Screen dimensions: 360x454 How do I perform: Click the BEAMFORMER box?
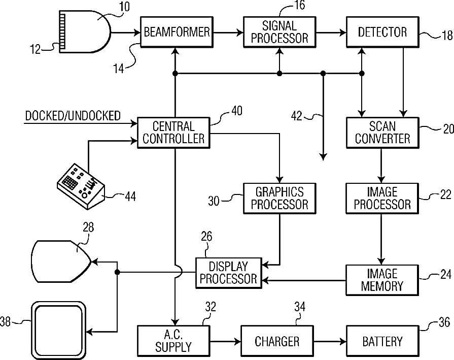176,32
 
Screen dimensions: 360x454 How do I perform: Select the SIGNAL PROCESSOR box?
279,31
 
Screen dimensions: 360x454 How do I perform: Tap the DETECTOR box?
382,32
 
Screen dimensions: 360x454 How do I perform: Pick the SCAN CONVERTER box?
382,132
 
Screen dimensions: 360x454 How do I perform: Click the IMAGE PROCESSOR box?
382,198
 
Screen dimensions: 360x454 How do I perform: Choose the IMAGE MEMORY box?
382,280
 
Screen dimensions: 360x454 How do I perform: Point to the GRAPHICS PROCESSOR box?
280,198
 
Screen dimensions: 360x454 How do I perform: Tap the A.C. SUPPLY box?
173,341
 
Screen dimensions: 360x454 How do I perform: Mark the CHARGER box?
277,341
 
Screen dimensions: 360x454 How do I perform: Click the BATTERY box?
382,341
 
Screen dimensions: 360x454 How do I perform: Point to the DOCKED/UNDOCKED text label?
73,115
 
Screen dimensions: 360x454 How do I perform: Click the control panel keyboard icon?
80,183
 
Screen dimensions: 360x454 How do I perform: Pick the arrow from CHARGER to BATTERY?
330,341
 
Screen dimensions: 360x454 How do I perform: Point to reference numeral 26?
206,236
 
